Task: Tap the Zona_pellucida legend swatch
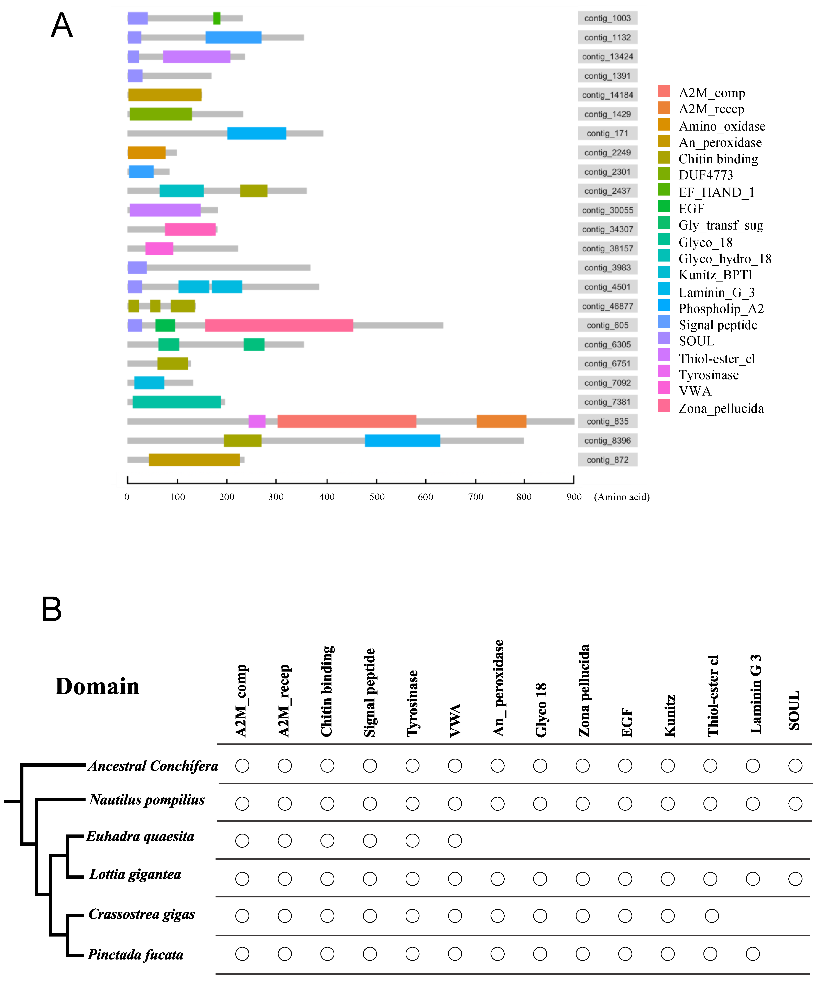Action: click(x=663, y=406)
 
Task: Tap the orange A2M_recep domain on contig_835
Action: click(x=501, y=421)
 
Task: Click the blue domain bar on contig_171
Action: click(x=257, y=133)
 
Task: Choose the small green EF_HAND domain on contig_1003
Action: click(x=217, y=18)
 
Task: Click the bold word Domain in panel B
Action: click(x=97, y=686)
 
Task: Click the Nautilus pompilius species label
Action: click(x=147, y=800)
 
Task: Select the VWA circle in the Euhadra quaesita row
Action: click(x=455, y=841)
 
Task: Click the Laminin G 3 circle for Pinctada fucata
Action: click(x=753, y=954)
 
